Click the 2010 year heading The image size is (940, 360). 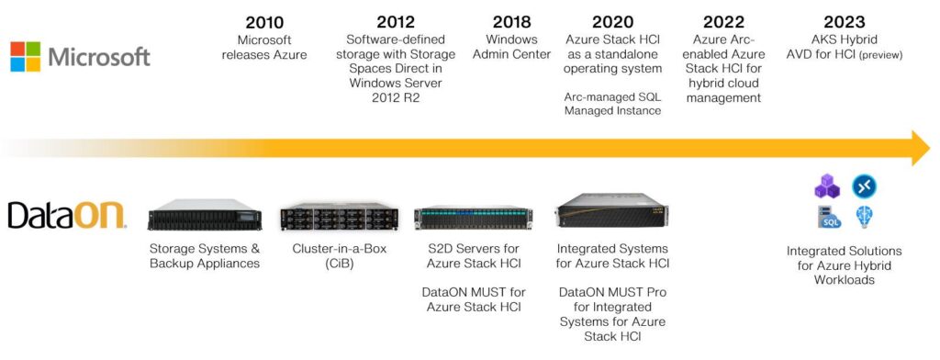click(x=264, y=22)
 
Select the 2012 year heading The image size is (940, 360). click(x=396, y=22)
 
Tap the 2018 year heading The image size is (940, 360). click(x=511, y=22)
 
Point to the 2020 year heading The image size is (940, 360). click(x=612, y=22)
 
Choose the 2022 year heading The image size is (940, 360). click(x=723, y=22)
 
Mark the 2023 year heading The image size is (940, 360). click(x=845, y=22)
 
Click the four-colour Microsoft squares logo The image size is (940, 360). click(x=25, y=56)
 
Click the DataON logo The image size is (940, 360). click(x=67, y=216)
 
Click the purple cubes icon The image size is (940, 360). click(x=826, y=187)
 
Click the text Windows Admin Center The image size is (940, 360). click(x=511, y=47)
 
